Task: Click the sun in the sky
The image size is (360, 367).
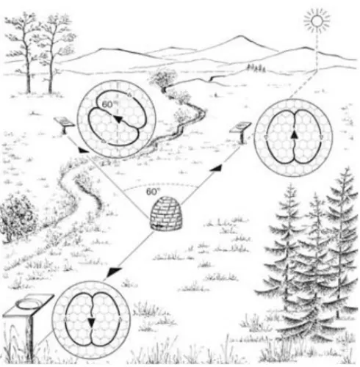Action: coord(317,21)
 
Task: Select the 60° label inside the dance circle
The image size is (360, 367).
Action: coord(108,104)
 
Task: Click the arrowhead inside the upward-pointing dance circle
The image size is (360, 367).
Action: coord(295,135)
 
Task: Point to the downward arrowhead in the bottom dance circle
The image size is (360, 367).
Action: coord(91,323)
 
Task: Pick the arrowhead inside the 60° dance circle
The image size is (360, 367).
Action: coord(118,119)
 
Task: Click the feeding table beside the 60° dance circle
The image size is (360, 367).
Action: coord(65,125)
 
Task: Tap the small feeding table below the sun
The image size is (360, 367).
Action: coord(241,131)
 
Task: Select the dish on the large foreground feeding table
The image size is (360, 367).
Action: coord(29,304)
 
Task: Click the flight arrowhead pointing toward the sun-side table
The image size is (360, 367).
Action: coord(217,167)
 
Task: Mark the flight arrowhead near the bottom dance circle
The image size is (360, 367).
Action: coord(115,271)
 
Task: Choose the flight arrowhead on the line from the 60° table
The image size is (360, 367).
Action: coord(83,150)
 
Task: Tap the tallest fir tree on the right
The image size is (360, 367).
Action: coord(343,241)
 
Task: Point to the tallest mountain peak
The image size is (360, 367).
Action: coord(239,37)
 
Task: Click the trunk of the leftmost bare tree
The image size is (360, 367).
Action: coord(28,68)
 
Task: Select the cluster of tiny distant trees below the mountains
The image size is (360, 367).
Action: coord(256,68)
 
